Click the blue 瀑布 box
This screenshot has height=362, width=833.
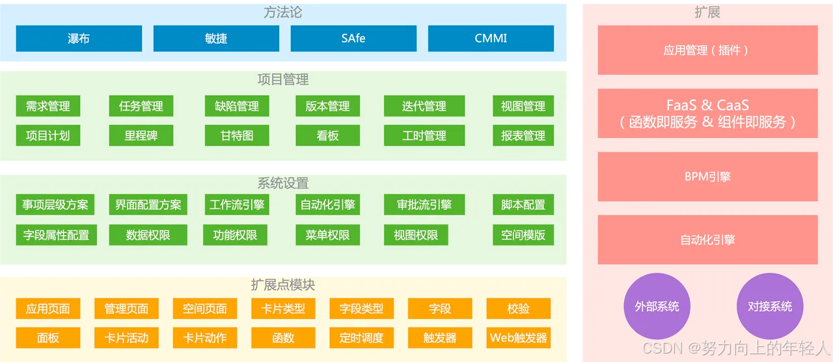[x=79, y=38]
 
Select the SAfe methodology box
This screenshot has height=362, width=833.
[x=353, y=38]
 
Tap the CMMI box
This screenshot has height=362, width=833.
[x=491, y=38]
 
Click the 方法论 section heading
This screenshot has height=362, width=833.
[x=283, y=12]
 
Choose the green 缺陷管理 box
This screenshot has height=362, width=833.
[x=237, y=106]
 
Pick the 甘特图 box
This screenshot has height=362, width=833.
[x=237, y=135]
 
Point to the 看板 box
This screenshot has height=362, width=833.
[x=327, y=135]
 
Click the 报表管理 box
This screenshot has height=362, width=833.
[x=523, y=135]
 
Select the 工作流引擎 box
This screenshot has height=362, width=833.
[x=237, y=204]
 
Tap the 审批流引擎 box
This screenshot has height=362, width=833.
[x=424, y=204]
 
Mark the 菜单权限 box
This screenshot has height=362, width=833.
[x=327, y=235]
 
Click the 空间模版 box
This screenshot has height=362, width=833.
[x=523, y=235]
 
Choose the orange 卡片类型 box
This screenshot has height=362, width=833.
[x=283, y=309]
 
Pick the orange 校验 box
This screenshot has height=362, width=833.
[x=518, y=309]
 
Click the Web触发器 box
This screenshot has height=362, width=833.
[x=518, y=338]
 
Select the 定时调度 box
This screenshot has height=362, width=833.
[x=361, y=338]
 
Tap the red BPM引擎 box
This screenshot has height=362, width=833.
[x=707, y=176]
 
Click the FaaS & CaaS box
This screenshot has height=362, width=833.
[x=707, y=113]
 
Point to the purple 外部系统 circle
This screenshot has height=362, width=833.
[x=657, y=306]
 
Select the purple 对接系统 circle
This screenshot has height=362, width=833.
[x=770, y=306]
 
